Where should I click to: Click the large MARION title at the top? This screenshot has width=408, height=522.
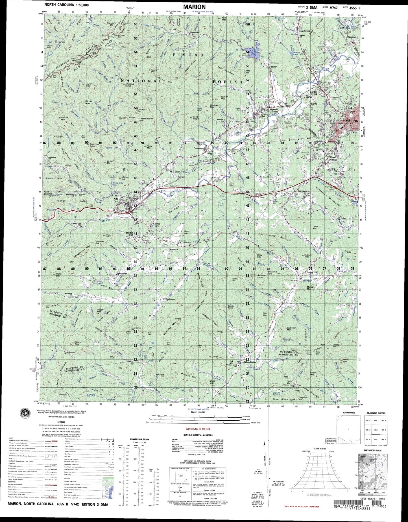[x=194, y=7]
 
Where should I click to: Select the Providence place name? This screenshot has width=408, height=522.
[x=304, y=191]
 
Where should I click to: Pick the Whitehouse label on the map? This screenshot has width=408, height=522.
[x=250, y=362]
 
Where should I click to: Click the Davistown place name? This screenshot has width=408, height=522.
[x=170, y=299]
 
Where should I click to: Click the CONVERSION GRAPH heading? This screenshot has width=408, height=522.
[x=139, y=439]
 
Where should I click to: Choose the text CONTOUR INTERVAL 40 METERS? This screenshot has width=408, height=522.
[x=198, y=435]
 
